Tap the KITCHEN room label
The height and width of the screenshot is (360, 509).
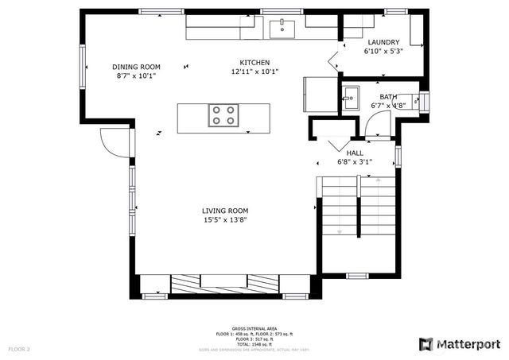coord(255,62)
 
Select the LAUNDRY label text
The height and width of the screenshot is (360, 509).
coord(383,42)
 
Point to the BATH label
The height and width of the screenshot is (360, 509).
coord(388,96)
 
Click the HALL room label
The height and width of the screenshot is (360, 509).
coord(355,153)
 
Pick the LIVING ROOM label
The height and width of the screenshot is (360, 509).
coord(224,211)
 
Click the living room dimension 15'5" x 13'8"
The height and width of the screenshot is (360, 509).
coord(224,220)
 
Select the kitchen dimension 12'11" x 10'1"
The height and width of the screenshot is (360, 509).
coord(255,72)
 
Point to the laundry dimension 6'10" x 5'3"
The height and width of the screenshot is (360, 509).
coord(383,51)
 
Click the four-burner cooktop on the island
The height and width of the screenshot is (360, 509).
coord(223,116)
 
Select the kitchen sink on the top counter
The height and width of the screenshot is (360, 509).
coord(282,29)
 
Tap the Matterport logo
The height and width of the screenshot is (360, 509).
coord(460,343)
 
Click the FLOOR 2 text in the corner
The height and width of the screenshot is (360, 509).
coord(19,349)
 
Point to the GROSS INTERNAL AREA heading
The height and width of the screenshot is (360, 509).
coord(254,328)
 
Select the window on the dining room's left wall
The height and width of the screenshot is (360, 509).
coord(82,65)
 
